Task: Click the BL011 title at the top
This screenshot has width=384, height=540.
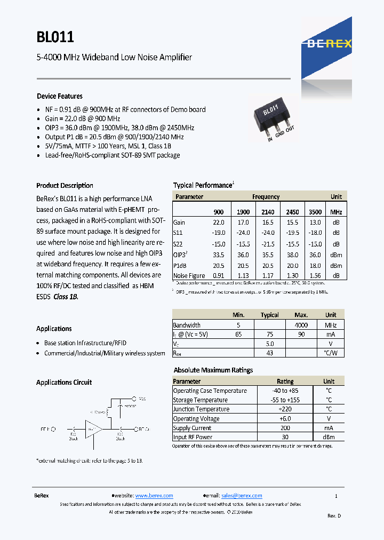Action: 55,37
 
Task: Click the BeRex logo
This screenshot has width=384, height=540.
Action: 329,44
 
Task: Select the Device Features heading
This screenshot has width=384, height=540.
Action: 59,97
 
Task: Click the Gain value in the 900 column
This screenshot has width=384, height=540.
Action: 219,223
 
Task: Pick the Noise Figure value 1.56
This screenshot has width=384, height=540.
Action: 315,276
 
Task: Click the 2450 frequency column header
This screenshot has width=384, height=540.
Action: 292,212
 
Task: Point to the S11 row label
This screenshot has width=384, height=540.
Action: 178,233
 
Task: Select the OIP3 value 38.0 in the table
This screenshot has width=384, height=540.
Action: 292,255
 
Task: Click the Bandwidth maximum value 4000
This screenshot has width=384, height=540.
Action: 301,324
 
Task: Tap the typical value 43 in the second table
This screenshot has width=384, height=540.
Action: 269,353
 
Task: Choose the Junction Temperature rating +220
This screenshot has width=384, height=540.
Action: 285,409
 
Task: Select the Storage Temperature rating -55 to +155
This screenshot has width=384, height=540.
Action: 285,400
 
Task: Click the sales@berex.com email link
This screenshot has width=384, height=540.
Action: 242,496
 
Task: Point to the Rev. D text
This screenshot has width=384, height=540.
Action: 334,515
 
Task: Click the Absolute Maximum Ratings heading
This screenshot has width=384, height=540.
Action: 213,370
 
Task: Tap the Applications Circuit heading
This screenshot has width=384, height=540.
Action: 63,383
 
